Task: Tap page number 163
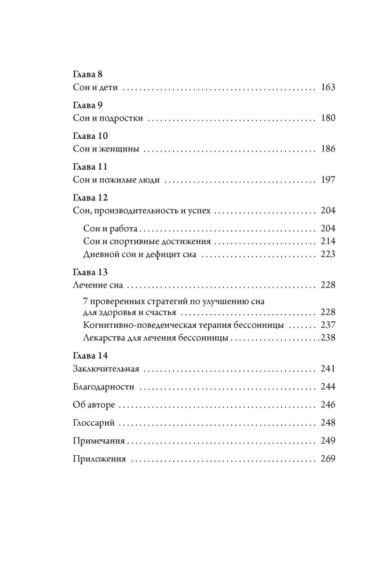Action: (x=327, y=88)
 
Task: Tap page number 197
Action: (x=327, y=180)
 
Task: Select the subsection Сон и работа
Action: (x=110, y=229)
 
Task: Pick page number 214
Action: (x=327, y=242)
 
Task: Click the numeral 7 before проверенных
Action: (x=85, y=301)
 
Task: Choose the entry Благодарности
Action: (x=104, y=387)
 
